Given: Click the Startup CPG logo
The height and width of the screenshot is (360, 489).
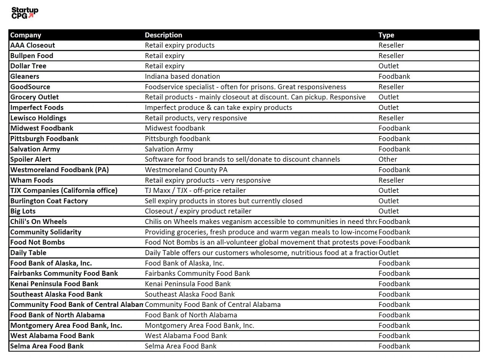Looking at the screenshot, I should point(24,13).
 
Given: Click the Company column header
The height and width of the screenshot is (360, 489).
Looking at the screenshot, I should point(26,35).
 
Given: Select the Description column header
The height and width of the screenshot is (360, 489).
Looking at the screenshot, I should point(164,35).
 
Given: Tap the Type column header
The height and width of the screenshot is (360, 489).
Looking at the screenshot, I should point(386,35).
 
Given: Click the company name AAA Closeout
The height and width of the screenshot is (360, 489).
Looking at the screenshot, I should point(32,45).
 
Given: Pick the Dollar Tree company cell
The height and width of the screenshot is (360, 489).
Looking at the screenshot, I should point(28,66).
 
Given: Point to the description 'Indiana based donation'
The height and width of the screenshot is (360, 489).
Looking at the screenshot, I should point(182,76).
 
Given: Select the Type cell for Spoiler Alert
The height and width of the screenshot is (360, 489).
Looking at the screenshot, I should point(388,159).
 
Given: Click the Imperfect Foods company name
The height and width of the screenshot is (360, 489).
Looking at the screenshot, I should point(37,108).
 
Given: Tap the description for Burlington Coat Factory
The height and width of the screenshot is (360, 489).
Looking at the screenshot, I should point(223,201).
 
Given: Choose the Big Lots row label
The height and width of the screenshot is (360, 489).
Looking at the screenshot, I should point(23,211).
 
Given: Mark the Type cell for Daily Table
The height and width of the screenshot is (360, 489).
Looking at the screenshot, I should point(389,253).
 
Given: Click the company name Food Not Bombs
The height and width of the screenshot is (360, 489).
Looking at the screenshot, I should point(37,242).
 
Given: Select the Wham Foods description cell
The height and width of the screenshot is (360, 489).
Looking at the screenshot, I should point(207,180).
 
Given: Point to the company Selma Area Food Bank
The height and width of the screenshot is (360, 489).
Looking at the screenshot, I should point(47,346).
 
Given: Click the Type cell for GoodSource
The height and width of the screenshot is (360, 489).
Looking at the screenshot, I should point(391,87).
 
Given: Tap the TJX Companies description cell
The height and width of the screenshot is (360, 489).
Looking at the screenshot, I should point(195,191).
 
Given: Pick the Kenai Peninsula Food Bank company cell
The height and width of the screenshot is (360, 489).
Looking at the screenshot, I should point(54,284).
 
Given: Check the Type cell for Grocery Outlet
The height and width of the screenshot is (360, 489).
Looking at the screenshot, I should point(389,97).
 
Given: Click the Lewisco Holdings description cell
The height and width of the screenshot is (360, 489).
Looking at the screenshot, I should point(196,118).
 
